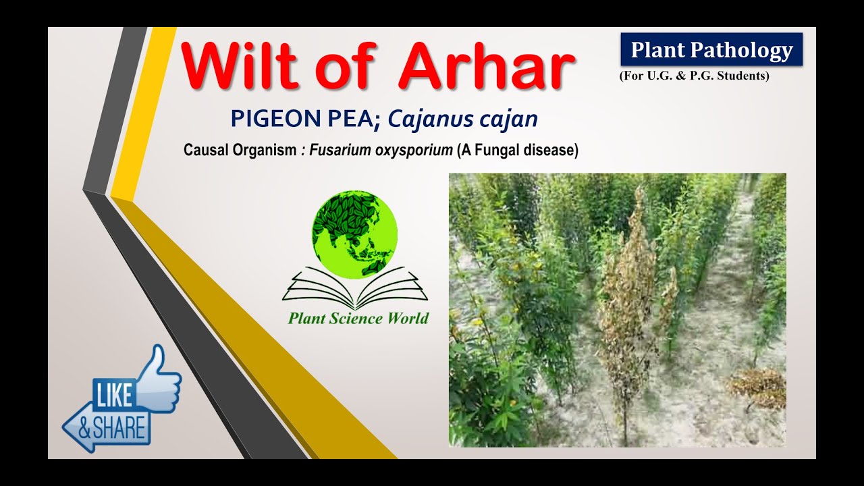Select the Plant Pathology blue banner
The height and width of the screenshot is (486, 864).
[x=711, y=50]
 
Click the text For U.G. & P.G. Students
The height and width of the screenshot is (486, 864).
[x=694, y=76]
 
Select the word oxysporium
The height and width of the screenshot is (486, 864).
[x=413, y=151]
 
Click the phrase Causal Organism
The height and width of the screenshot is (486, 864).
[x=240, y=151]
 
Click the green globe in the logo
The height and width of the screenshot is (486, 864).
[x=354, y=234]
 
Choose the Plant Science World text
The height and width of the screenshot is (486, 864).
[x=358, y=319]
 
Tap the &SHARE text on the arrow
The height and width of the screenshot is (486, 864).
[x=112, y=428]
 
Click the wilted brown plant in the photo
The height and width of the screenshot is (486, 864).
[x=628, y=297]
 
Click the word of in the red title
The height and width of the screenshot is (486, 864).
[x=347, y=67]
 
